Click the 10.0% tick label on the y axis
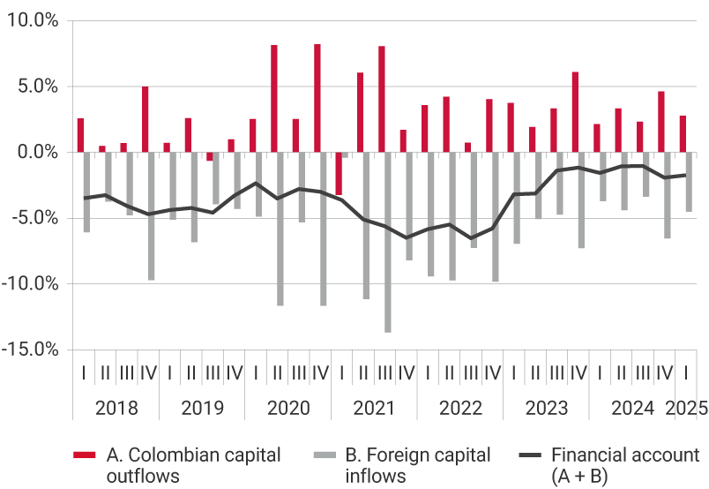(x=32, y=21)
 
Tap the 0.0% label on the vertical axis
(x=36, y=153)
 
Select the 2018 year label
(x=115, y=409)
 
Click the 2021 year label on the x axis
(x=374, y=409)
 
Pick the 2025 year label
(x=686, y=409)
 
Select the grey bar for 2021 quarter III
(x=387, y=243)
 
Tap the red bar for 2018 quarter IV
(x=145, y=119)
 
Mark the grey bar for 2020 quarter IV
(x=324, y=229)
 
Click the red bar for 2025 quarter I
(x=683, y=134)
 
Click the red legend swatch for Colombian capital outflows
(x=85, y=455)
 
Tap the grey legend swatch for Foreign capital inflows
(x=325, y=455)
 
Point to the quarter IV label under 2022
(x=492, y=372)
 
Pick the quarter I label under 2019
(x=168, y=372)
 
